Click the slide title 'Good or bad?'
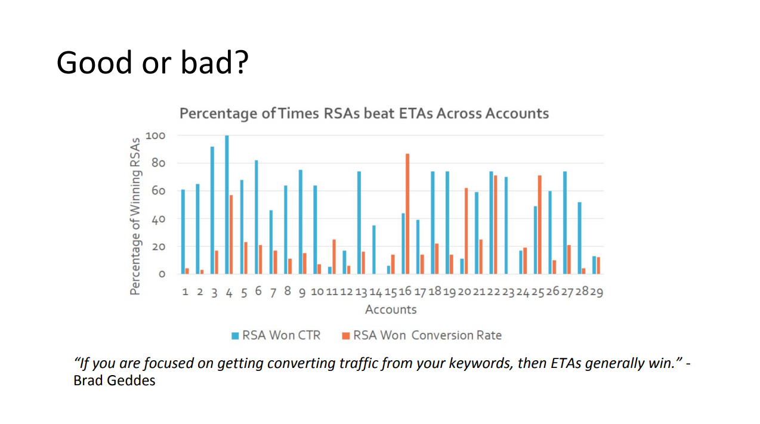coord(152,62)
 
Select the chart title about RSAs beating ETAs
coord(364,113)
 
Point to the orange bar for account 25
coord(540,225)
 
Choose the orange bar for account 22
coord(496,225)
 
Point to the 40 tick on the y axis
coord(157,219)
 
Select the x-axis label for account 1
coord(186,292)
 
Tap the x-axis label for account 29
coord(597,292)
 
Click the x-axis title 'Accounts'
coord(391,310)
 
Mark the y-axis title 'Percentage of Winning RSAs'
coord(136,216)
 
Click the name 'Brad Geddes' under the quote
coord(114,380)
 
